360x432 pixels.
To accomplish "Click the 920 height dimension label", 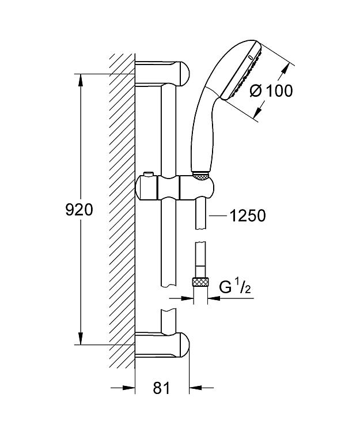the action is tap(79, 210).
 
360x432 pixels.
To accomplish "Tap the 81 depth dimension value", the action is tap(161, 388).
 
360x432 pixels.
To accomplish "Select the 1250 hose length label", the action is tap(247, 215).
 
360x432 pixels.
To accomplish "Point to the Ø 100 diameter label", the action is tap(271, 90).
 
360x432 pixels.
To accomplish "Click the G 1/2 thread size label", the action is tap(235, 287).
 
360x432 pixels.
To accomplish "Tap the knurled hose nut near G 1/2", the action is tap(200, 283).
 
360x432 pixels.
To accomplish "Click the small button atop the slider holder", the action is tap(148, 175).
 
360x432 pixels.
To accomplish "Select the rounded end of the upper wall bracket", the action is tap(184, 74).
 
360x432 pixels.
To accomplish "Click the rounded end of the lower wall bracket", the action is tap(184, 345).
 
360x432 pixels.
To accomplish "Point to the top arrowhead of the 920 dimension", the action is tap(81, 80).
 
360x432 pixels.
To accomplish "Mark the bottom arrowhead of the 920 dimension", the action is tap(81, 338).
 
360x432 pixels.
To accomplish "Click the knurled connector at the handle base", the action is tap(201, 176).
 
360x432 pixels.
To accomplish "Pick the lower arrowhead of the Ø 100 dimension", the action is tap(257, 112).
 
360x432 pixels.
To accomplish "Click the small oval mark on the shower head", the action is tap(250, 58).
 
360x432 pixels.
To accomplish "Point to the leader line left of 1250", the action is tap(218, 216).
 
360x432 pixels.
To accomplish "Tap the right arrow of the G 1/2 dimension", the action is tap(214, 298).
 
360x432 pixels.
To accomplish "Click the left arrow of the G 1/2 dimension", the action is tap(187, 298).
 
